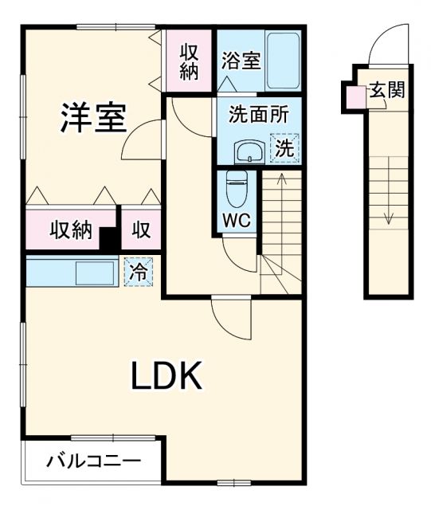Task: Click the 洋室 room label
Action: pos(93,118)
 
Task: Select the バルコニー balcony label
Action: pos(92,461)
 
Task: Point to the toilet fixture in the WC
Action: pos(237,189)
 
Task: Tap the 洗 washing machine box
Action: pos(284,147)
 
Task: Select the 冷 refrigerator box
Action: pos(139,271)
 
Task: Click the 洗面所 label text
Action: pos(253,115)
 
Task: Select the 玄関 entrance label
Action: pos(386,89)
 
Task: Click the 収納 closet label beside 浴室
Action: pos(189,62)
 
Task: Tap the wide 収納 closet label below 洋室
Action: pos(72,231)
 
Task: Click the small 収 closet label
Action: pos(141,231)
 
